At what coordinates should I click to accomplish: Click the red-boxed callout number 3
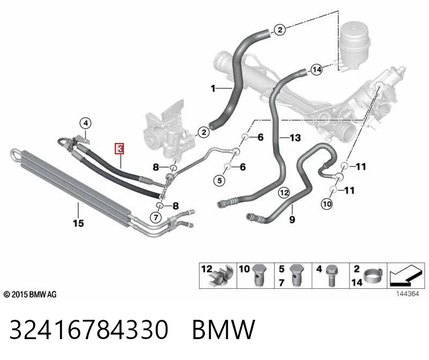pos(120,149)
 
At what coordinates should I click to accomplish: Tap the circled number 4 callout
pos(86,123)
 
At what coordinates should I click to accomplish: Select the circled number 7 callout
pos(156,217)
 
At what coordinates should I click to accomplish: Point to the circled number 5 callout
pos(219,181)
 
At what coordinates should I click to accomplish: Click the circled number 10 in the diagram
pos(327,204)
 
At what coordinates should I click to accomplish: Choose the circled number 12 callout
pos(284,193)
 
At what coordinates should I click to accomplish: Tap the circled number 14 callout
pos(317,70)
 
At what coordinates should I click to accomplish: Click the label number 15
pos(78,223)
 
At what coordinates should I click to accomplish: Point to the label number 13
pos(295,138)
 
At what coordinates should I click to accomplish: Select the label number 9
pos(292,219)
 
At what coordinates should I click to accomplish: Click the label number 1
pos(213,88)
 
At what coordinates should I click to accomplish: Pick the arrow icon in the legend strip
pos(405,275)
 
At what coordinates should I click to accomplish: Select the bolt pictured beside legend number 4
pos(331,275)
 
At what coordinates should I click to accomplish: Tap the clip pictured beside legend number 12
pos(221,276)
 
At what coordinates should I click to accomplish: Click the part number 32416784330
pos(89,329)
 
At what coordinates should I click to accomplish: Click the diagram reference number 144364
pos(408,294)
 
